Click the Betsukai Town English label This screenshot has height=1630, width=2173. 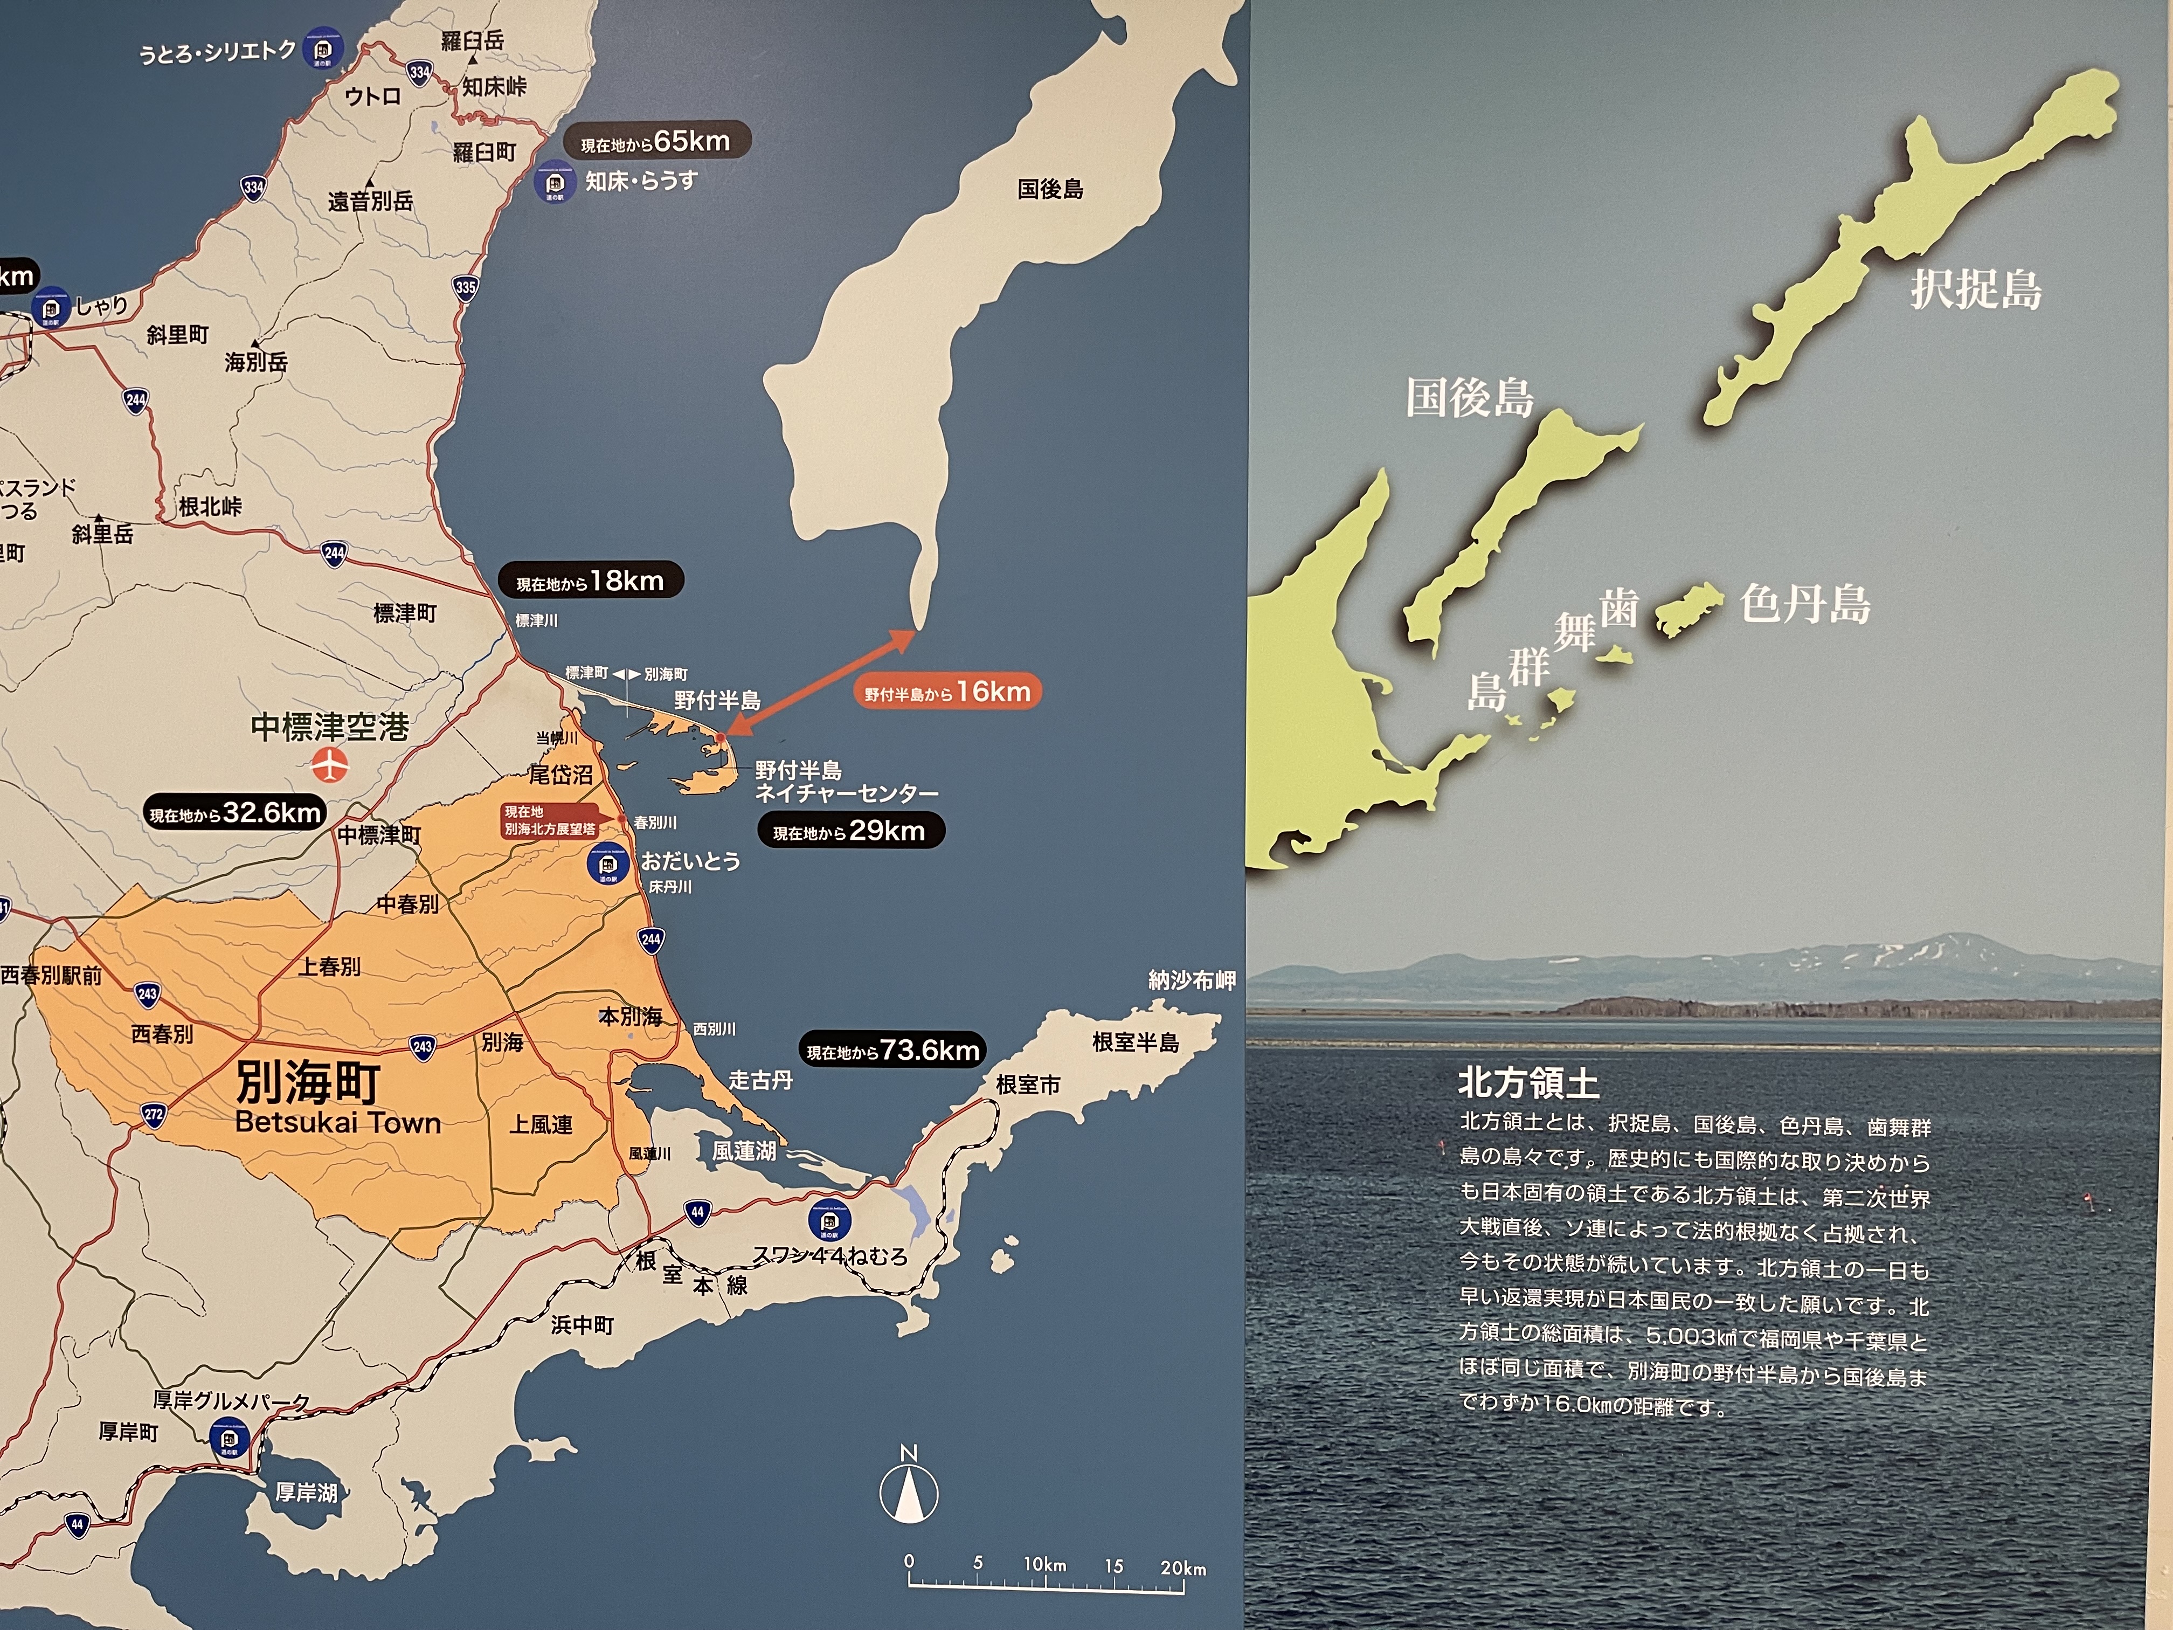[338, 1122]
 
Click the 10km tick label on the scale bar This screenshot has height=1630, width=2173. [1043, 1564]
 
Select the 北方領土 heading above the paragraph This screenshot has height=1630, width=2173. [1528, 1083]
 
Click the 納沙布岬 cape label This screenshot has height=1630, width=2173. [1192, 979]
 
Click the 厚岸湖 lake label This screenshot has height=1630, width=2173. [307, 1493]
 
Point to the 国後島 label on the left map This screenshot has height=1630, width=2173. [1050, 189]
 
